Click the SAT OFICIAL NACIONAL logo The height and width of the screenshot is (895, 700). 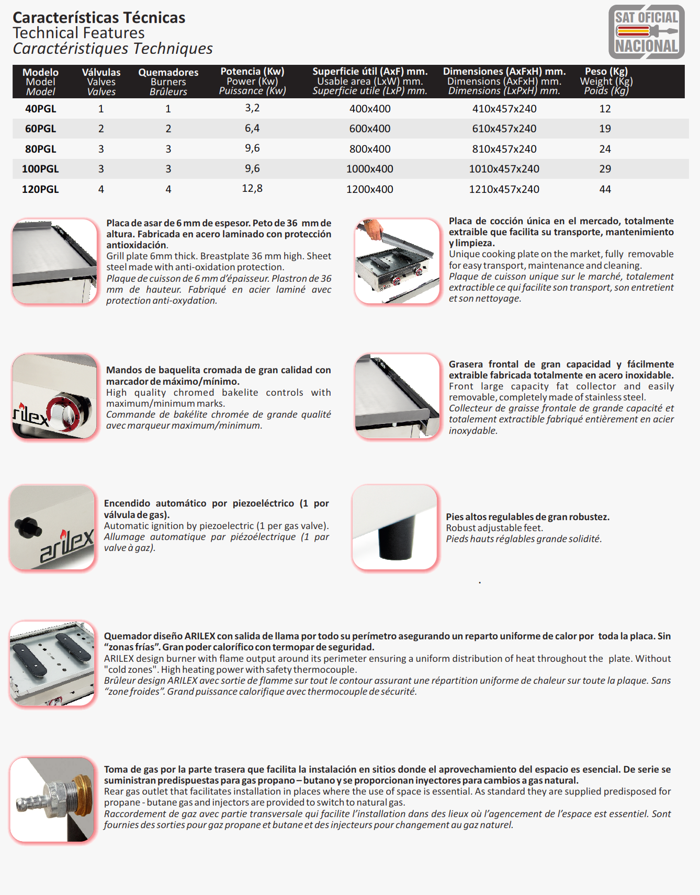646,32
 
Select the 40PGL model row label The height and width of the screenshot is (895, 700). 40,109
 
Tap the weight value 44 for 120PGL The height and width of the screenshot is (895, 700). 605,189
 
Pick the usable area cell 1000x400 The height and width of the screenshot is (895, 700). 369,169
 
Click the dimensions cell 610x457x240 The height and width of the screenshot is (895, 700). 504,129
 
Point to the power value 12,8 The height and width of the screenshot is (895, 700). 252,188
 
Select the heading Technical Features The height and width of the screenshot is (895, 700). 78,33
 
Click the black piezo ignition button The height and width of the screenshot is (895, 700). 28,526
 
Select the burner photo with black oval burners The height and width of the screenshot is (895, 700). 53,663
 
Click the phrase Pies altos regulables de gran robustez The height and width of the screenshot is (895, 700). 527,517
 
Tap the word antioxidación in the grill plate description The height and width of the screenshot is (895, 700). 137,245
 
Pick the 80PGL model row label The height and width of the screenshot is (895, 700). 40,149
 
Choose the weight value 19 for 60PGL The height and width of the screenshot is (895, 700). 605,129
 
